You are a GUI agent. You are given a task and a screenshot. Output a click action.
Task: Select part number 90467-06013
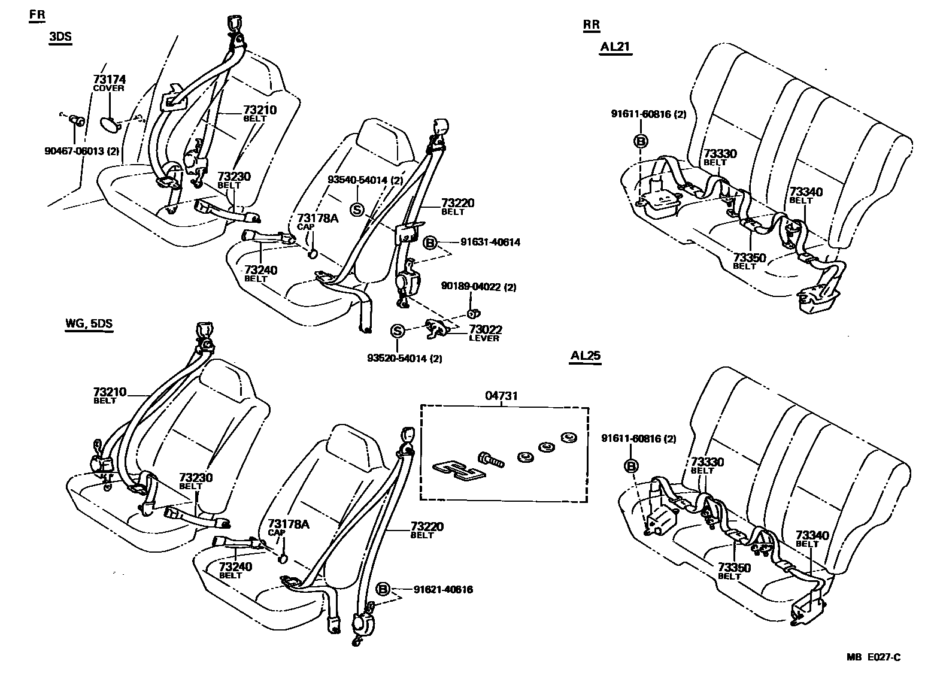tap(81, 151)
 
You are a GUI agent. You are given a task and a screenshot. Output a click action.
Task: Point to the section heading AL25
tap(585, 356)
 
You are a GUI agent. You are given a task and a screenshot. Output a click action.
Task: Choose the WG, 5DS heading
tap(89, 325)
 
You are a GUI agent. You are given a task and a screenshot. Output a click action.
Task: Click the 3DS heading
tap(60, 37)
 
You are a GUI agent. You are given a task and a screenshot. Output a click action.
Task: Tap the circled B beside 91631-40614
tap(430, 243)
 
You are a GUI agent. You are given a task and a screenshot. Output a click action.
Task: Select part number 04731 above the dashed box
tap(501, 396)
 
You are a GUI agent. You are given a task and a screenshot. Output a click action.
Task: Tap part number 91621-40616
tap(443, 590)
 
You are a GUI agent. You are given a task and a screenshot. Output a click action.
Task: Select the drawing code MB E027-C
tap(874, 657)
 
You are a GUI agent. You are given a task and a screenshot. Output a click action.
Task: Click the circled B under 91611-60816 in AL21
tap(641, 141)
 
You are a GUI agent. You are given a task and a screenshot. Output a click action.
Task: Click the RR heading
tap(591, 25)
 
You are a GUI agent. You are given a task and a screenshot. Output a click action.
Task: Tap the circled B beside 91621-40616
tap(383, 589)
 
